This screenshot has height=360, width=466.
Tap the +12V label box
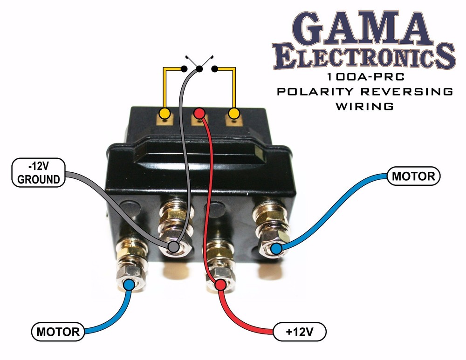(x=300, y=332)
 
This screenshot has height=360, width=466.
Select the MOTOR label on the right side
(x=413, y=176)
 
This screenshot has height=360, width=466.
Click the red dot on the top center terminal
(x=199, y=113)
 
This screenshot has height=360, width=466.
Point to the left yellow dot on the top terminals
(x=164, y=113)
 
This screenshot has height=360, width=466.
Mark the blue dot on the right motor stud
(x=277, y=250)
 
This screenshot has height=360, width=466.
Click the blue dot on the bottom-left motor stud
(x=129, y=284)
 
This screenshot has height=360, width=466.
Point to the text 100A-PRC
(x=364, y=78)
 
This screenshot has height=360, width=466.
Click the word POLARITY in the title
(x=317, y=91)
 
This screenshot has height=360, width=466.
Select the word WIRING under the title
(x=364, y=106)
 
